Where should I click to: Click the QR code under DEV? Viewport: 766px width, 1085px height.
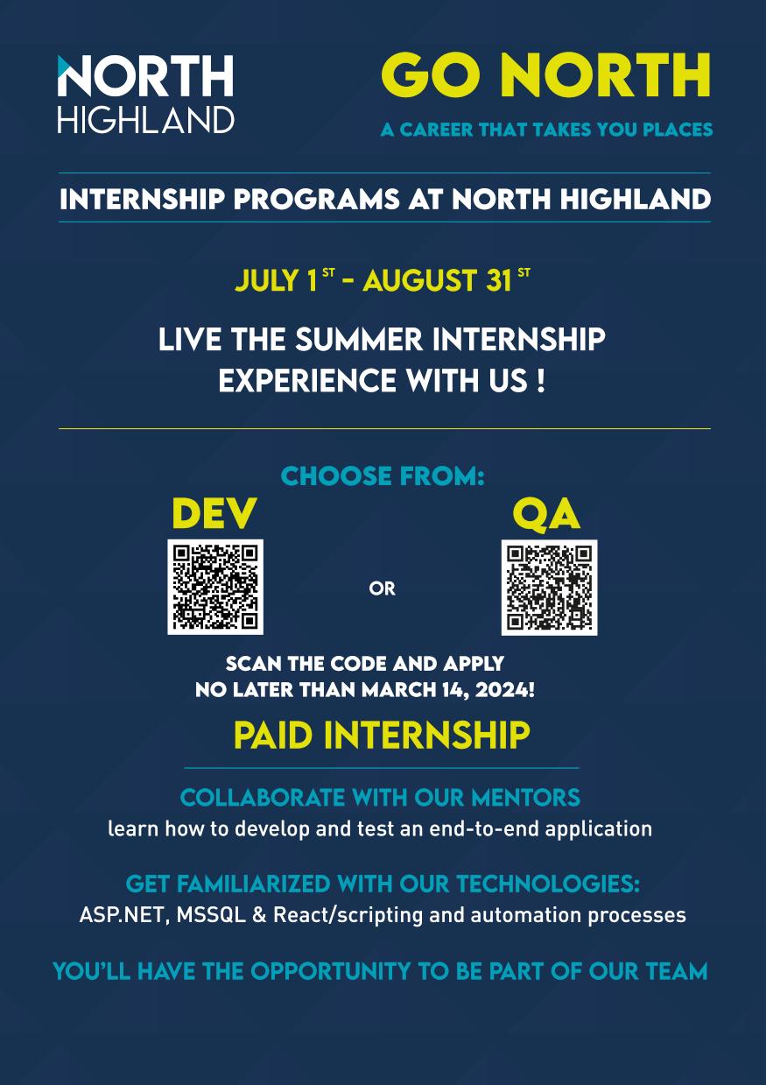tap(215, 587)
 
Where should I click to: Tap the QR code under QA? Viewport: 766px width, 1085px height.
tap(549, 587)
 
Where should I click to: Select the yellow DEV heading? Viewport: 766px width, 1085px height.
tap(214, 513)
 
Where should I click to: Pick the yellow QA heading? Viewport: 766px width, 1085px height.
tap(546, 514)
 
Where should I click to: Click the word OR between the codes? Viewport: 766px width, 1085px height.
tap(382, 588)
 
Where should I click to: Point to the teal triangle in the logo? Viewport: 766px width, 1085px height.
tap(64, 66)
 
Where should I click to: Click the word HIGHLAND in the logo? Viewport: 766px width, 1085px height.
tap(145, 120)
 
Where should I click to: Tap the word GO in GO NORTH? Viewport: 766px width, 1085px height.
tap(431, 75)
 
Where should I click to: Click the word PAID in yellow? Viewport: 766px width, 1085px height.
tap(273, 736)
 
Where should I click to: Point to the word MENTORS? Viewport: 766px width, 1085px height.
tap(526, 798)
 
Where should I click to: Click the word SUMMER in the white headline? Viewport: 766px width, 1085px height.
tap(359, 339)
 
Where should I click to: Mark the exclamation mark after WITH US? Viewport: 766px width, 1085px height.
tap(541, 381)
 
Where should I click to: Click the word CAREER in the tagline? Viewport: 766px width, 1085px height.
tap(436, 130)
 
